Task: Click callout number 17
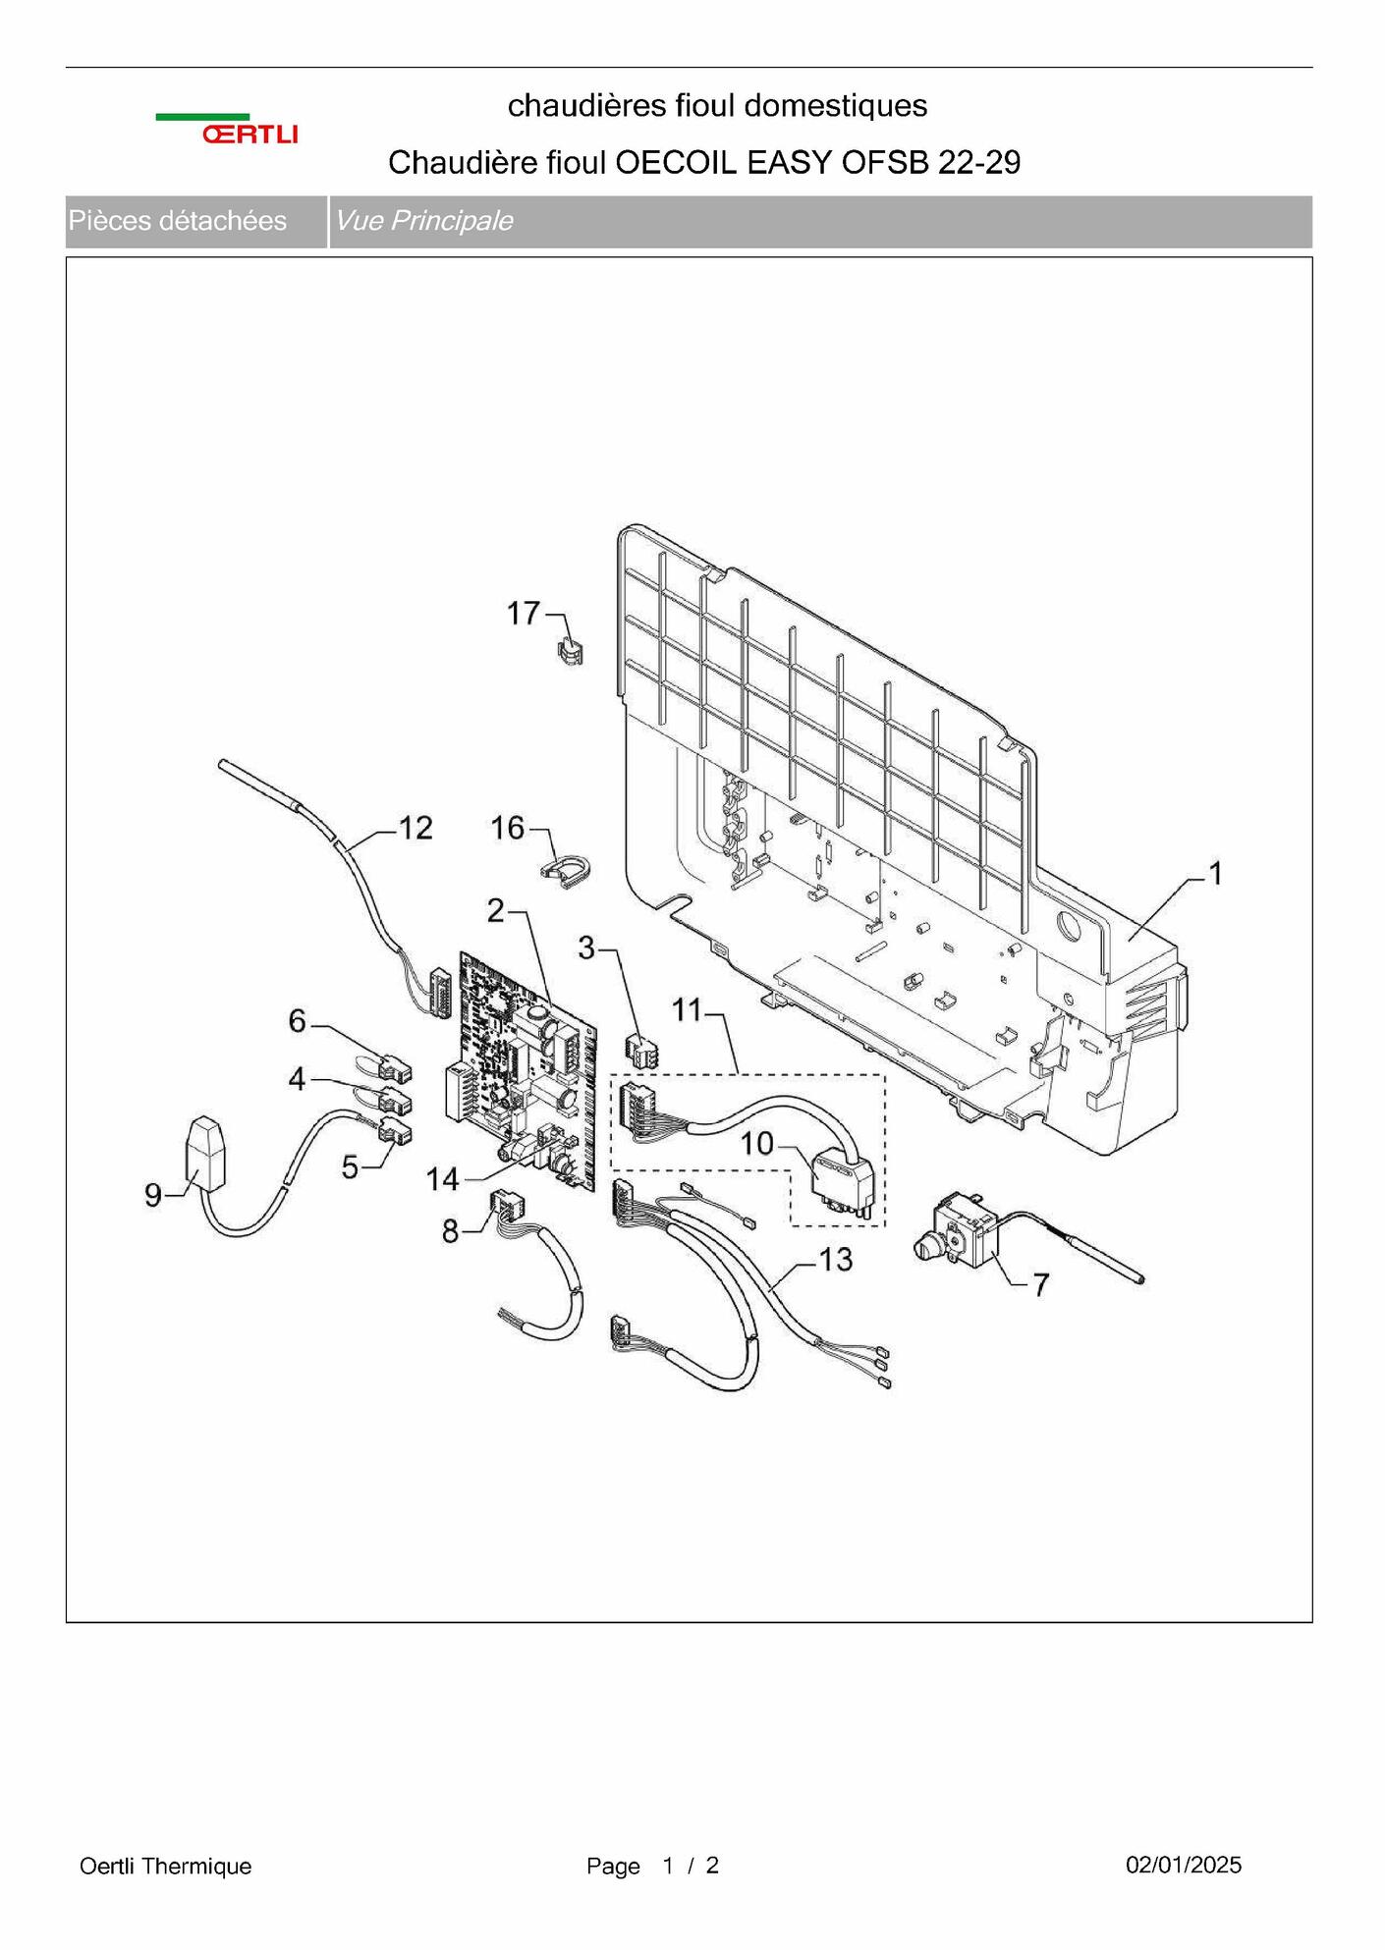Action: coord(523,614)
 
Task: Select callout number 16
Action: coord(508,828)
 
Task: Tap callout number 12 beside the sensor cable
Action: coord(415,828)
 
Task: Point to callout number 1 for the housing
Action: coord(1215,873)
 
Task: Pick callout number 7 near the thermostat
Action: coord(1040,1284)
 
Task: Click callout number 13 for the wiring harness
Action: coord(835,1259)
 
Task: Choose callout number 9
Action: coord(153,1194)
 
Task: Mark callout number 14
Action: coord(442,1178)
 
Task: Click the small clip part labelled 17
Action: coord(570,650)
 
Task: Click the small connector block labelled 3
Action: coord(641,1052)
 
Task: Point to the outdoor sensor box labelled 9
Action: coord(204,1153)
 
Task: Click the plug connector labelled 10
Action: coord(841,1185)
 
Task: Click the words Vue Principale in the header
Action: coord(423,221)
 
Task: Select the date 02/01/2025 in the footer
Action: coord(1183,1865)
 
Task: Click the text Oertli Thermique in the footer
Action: coord(165,1866)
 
